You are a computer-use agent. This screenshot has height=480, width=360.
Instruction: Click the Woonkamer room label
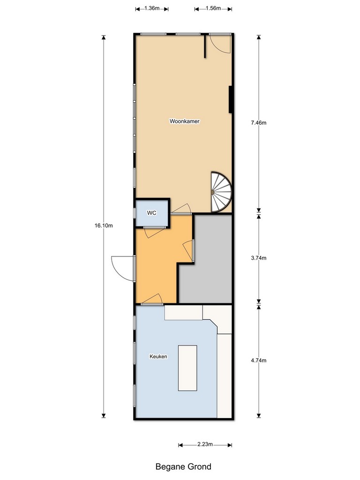tap(184, 121)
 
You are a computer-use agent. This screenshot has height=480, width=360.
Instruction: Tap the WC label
tap(151, 213)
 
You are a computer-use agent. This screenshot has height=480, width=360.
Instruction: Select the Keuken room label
tap(158, 356)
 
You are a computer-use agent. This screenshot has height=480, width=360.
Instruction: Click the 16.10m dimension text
tap(104, 225)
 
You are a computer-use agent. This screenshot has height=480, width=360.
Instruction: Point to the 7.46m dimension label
tap(259, 123)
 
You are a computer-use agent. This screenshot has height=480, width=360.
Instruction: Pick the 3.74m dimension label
tap(259, 258)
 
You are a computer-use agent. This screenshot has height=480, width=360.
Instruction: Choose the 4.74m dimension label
tap(259, 360)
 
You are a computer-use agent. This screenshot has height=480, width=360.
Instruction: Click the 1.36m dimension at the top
tap(152, 8)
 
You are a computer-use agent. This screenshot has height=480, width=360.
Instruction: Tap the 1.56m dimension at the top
tap(213, 8)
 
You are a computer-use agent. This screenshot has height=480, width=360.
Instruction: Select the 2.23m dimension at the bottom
tap(205, 444)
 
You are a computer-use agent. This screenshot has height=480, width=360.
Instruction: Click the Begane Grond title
tap(183, 466)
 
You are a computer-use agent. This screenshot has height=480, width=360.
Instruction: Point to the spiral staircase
tap(221, 192)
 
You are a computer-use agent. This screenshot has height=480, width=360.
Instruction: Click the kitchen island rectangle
tap(187, 368)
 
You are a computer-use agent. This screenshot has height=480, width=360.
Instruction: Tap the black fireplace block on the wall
tap(230, 99)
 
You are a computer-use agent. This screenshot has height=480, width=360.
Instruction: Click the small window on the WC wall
tap(135, 213)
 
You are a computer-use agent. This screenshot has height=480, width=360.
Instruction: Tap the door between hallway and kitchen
tap(151, 300)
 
